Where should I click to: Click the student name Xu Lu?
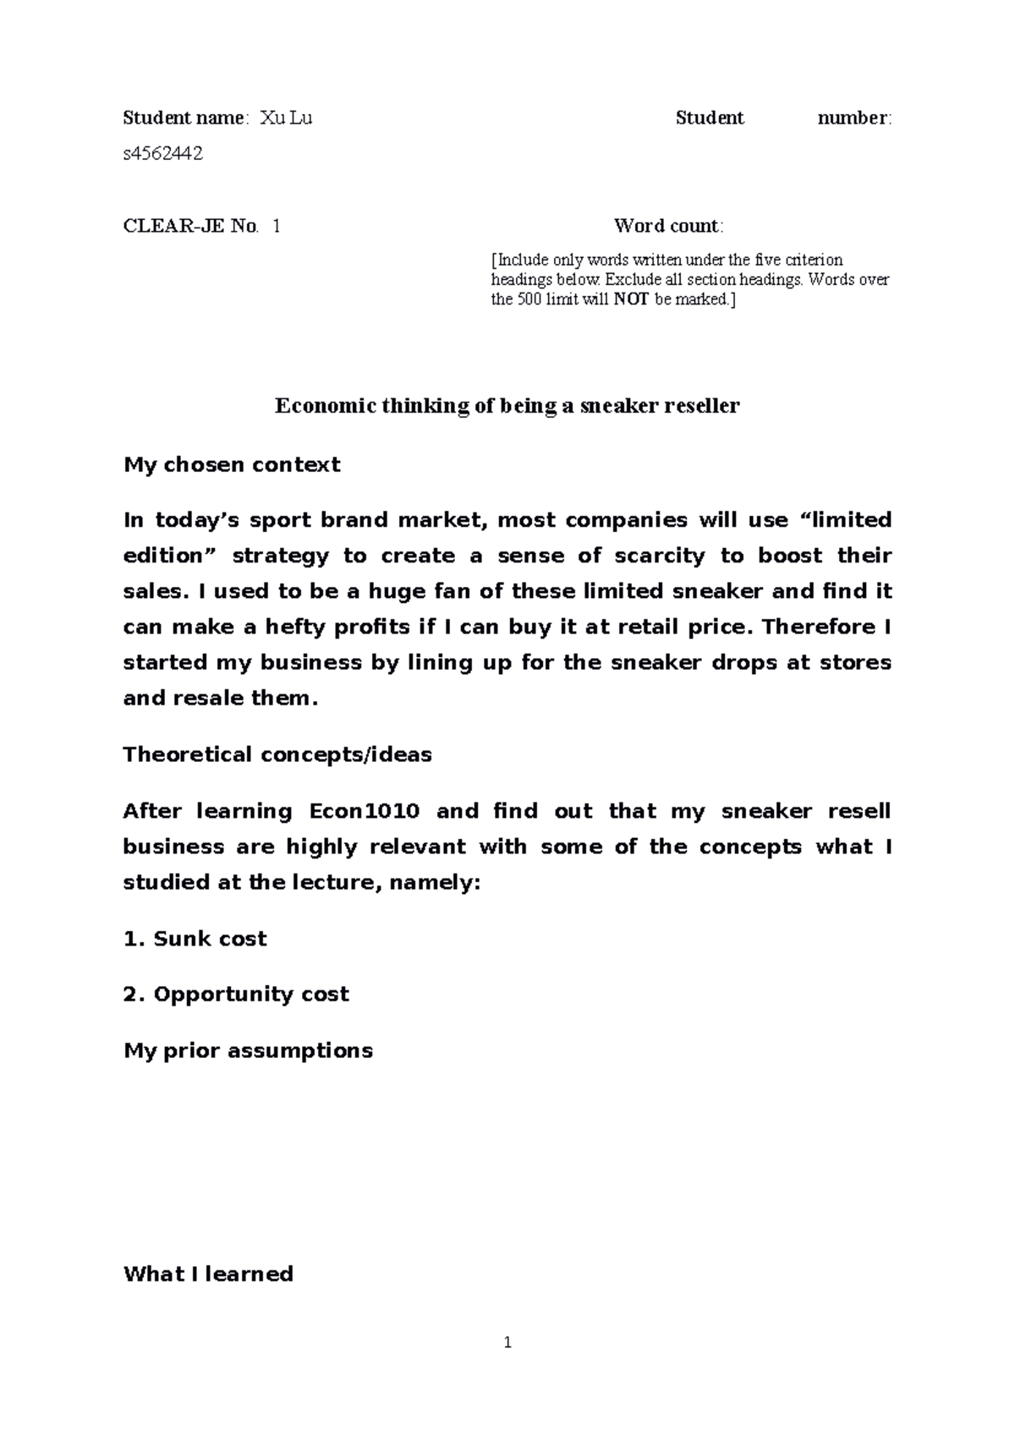pos(286,118)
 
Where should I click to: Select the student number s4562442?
pos(162,154)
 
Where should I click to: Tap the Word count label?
pos(668,226)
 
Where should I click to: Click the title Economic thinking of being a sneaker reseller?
pos(507,406)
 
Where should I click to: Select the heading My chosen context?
pos(232,464)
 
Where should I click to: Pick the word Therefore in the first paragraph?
pos(819,627)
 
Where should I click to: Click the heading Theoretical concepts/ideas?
pos(277,754)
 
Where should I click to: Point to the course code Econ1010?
pos(364,811)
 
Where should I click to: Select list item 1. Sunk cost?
pos(195,939)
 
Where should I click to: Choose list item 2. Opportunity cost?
pos(236,994)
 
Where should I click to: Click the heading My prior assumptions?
pos(248,1050)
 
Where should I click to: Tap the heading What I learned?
pos(208,1274)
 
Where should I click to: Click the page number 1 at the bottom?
pos(507,1342)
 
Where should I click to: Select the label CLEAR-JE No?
pos(190,226)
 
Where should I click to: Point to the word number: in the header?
pos(854,118)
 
